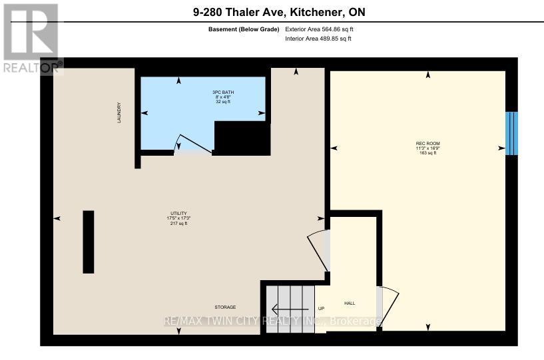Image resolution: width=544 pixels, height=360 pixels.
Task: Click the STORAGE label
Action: pos(225,307)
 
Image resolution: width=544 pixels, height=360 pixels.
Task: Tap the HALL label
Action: pos(349,303)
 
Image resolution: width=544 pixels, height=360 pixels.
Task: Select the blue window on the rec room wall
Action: pos(511,133)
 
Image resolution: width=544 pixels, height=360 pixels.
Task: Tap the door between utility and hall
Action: pos(318,250)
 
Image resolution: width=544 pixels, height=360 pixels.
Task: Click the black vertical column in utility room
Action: pos(88,242)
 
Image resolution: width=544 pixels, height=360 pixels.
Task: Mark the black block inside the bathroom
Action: pos(241,138)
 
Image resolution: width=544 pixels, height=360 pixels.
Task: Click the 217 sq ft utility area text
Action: pos(177,224)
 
